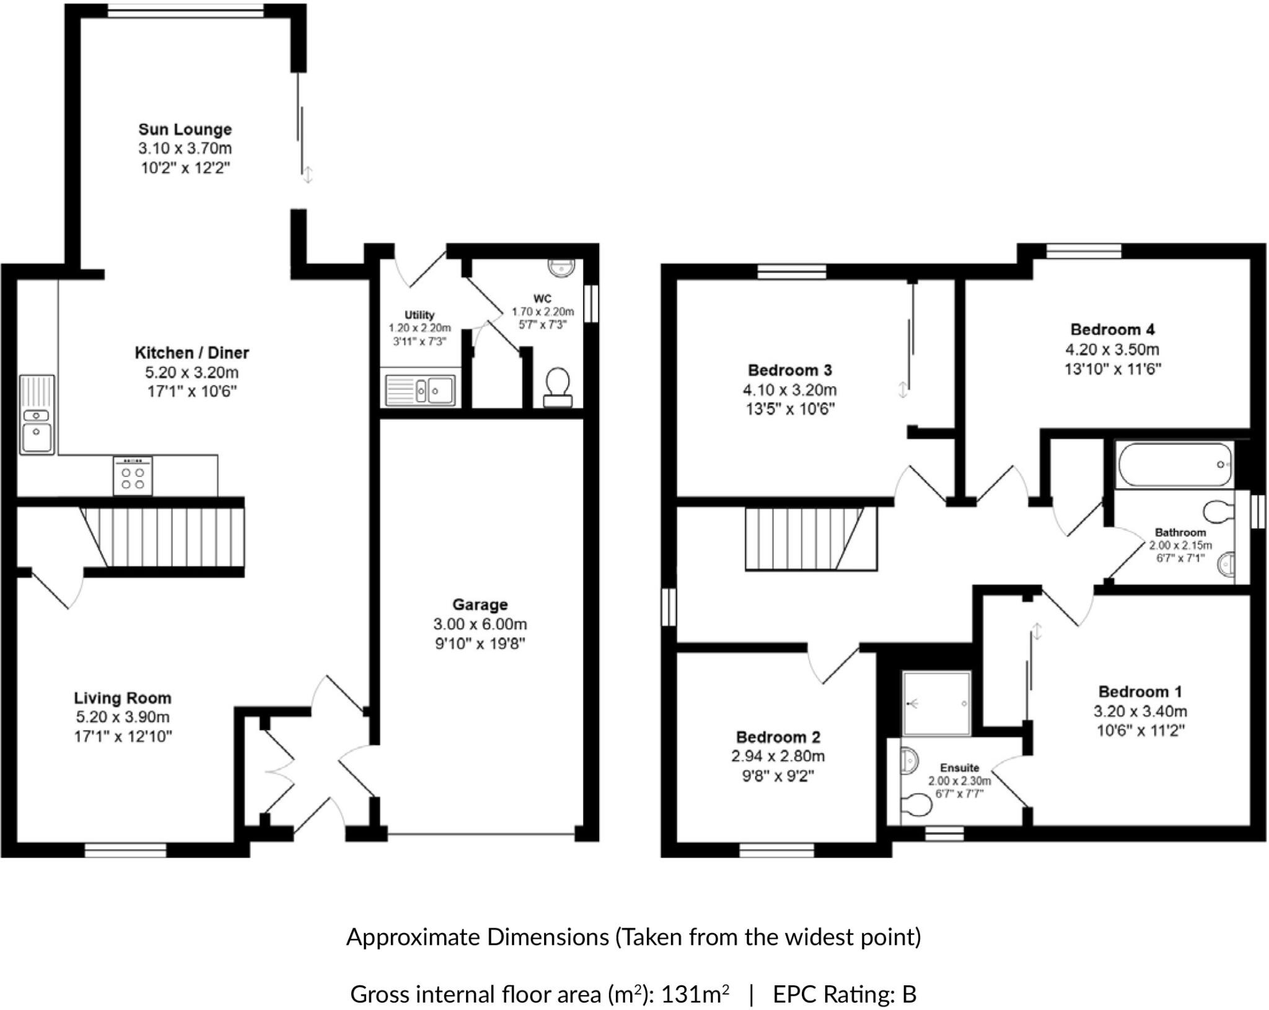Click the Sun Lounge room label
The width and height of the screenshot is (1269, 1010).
pyautogui.click(x=185, y=130)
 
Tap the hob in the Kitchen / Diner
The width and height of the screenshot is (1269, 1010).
pyautogui.click(x=133, y=476)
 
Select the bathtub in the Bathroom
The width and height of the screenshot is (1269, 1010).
pyautogui.click(x=1174, y=464)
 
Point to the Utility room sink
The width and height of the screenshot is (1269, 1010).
pyautogui.click(x=419, y=391)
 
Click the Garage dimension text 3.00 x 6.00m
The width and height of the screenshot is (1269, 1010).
pyautogui.click(x=480, y=624)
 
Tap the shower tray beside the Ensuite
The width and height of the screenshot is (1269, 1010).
pyautogui.click(x=936, y=703)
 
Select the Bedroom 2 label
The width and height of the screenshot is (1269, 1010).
pyautogui.click(x=778, y=737)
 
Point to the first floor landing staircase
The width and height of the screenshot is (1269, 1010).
pyautogui.click(x=809, y=538)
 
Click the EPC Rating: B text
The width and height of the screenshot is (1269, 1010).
pyautogui.click(x=844, y=995)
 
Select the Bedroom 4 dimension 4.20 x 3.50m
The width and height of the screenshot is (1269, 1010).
pyautogui.click(x=1112, y=349)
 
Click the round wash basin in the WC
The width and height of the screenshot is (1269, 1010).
pyautogui.click(x=561, y=267)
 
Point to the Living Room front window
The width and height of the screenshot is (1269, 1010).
pyautogui.click(x=125, y=851)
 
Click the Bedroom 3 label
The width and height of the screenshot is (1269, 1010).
pyautogui.click(x=789, y=371)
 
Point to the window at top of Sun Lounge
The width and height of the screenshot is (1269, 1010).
pyautogui.click(x=185, y=11)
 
